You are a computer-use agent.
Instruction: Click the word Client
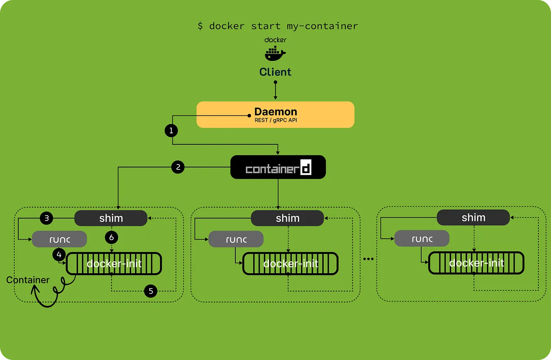click(275, 72)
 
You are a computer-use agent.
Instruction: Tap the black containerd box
click(278, 167)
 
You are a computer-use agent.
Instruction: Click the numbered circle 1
click(171, 131)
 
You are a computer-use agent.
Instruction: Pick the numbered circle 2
click(178, 167)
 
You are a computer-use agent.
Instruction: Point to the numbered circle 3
click(47, 218)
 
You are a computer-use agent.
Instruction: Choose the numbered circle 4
click(59, 255)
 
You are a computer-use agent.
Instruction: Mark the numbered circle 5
click(151, 291)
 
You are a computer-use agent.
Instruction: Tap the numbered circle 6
click(111, 237)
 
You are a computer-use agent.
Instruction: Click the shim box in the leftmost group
click(111, 218)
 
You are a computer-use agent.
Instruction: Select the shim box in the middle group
click(287, 218)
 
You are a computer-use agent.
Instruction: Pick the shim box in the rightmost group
click(473, 217)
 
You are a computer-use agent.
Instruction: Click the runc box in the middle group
click(236, 239)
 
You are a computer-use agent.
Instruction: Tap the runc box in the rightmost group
click(422, 238)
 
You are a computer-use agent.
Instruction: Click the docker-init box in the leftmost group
click(114, 264)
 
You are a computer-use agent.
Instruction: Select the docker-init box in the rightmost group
click(476, 263)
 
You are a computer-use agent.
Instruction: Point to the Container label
click(28, 280)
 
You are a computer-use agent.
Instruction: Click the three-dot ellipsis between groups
click(368, 259)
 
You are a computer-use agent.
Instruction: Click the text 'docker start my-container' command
click(278, 26)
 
